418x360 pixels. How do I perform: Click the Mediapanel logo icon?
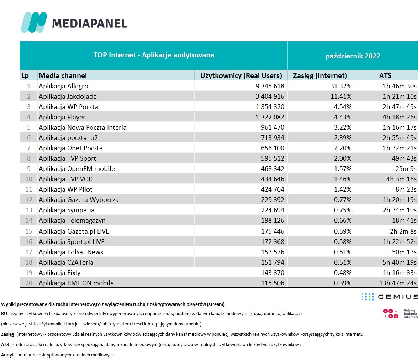[34, 22]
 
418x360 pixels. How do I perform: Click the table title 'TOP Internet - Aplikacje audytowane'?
[154, 55]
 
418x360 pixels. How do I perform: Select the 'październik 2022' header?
[353, 56]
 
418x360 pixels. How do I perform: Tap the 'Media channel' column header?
[63, 75]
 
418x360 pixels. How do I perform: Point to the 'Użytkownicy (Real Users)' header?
[241, 75]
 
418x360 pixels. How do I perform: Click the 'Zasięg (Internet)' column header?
[320, 75]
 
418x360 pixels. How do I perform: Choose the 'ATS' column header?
[385, 75]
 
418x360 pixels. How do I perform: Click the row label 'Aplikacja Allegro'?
[63, 86]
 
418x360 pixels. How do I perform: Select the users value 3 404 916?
[269, 96]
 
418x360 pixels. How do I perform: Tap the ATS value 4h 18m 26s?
[398, 117]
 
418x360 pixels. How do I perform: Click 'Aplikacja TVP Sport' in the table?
[67, 158]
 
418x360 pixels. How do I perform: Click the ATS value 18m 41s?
[403, 221]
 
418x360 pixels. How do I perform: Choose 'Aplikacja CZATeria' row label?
[66, 262]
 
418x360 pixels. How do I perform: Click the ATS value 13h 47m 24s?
[396, 283]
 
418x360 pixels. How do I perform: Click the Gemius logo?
[389, 297]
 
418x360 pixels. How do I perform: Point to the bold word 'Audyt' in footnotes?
[7, 355]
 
